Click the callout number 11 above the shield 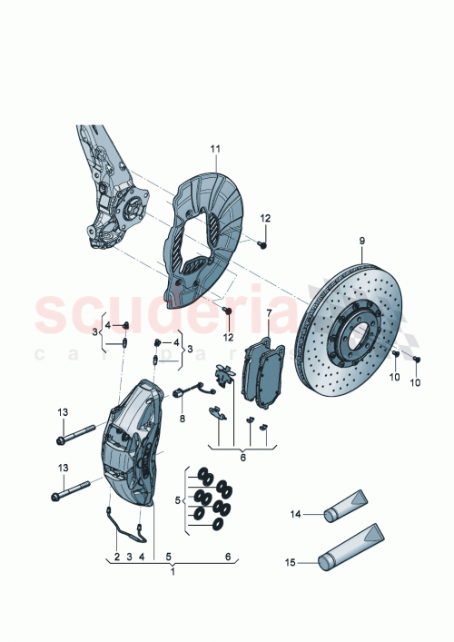click(x=216, y=147)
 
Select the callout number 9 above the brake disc click(x=360, y=240)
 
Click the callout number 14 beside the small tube click(x=294, y=514)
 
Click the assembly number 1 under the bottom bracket click(x=173, y=574)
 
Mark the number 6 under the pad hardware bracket click(x=242, y=458)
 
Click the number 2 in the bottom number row click(x=116, y=556)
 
